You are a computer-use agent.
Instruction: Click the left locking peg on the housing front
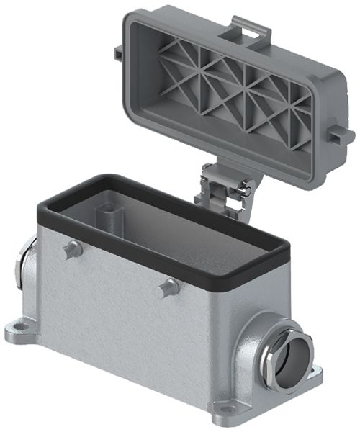pos(69,251)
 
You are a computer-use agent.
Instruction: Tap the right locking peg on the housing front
pos(169,286)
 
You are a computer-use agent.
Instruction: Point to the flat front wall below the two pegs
pos(130,324)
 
